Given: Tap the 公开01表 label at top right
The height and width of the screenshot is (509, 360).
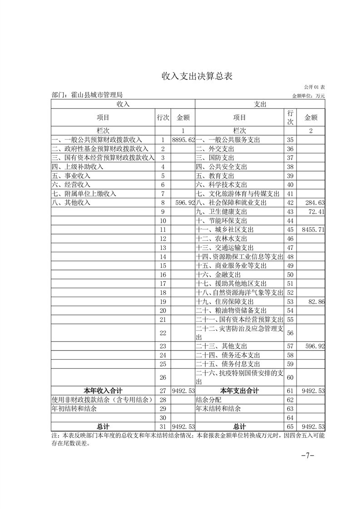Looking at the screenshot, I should [314, 87].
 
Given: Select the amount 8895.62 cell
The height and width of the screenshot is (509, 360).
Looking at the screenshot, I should [183, 140].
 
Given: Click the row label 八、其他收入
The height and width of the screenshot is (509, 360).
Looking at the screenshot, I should [72, 202].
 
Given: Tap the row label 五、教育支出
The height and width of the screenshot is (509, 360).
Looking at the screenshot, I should [215, 176].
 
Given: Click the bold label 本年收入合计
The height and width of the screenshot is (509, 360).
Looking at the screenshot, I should [103, 391].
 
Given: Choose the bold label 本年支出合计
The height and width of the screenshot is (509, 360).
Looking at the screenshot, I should [239, 391].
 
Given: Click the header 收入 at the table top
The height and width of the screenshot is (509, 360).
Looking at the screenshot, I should [123, 104].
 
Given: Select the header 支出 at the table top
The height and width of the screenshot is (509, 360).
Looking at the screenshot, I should [260, 104].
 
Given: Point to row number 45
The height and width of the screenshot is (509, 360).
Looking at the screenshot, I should [291, 230].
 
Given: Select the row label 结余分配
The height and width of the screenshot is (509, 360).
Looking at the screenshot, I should [208, 400].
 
